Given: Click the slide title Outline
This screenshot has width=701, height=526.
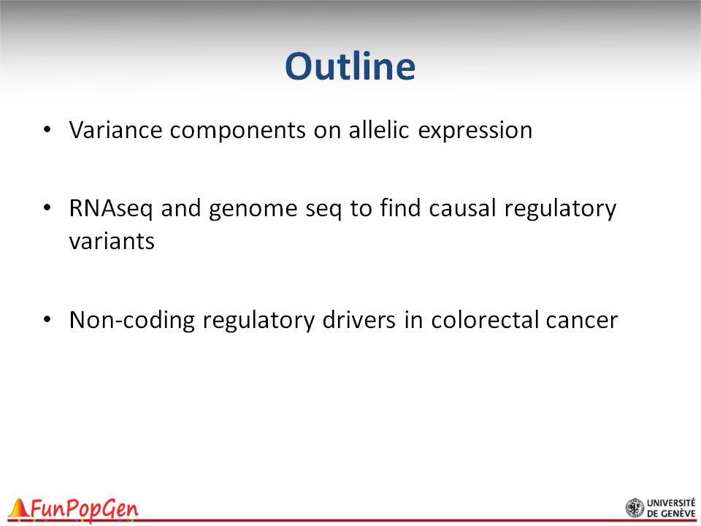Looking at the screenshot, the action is [x=350, y=66].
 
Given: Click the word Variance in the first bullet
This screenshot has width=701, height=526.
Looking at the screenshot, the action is [x=115, y=130].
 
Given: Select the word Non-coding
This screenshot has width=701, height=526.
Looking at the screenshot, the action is [x=132, y=321].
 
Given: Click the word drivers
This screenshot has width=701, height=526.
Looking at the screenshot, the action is [x=359, y=320].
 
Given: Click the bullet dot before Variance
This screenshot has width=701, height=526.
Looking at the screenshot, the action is [x=47, y=130].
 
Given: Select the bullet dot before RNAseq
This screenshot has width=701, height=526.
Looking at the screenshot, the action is [x=47, y=208].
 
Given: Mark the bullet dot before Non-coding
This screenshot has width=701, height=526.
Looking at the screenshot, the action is [x=47, y=320].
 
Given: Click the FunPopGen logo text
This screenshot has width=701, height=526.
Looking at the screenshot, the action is [x=85, y=510].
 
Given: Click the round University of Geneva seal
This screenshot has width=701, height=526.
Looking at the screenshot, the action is [x=635, y=508].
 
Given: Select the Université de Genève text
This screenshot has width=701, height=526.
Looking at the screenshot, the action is [x=671, y=508].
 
